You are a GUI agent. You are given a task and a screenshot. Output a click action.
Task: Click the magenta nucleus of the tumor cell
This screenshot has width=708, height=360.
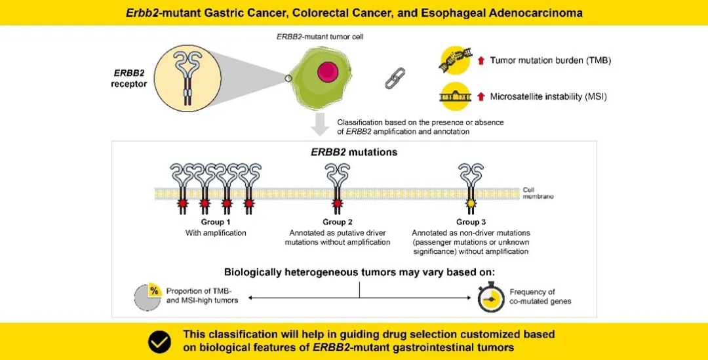click(328, 72)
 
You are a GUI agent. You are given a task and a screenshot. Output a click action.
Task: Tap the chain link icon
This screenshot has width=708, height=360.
click(395, 77)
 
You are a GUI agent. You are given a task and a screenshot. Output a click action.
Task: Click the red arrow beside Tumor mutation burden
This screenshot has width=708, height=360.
click(481, 60)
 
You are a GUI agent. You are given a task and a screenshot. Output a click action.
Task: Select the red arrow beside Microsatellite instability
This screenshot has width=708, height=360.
click(481, 96)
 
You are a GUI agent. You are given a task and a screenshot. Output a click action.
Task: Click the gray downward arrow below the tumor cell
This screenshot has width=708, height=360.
click(320, 124)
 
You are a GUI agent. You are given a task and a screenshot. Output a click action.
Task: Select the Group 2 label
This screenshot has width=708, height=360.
click(338, 222)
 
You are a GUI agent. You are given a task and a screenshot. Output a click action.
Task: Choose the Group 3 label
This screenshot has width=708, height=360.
click(471, 222)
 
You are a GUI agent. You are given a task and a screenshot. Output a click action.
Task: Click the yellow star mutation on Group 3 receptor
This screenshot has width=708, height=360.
click(471, 204)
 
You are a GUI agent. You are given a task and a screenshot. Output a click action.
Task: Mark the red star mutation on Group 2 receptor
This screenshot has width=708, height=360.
click(337, 204)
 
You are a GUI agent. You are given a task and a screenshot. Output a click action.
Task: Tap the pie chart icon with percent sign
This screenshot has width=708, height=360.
click(147, 298)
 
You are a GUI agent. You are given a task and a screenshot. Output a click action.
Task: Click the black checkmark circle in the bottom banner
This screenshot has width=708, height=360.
click(159, 342)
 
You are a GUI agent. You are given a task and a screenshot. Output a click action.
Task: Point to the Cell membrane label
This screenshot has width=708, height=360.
click(538, 193)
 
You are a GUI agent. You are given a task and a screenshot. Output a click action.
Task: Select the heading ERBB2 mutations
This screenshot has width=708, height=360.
click(354, 151)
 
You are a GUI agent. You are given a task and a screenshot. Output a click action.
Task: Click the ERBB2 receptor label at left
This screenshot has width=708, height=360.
click(129, 77)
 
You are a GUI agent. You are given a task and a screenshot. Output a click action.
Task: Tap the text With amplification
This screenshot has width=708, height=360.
click(216, 233)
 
